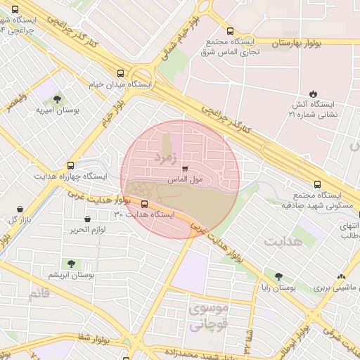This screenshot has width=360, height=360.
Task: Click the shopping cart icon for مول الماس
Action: tap(185, 169)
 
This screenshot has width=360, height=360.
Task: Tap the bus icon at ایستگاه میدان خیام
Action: tap(121, 73)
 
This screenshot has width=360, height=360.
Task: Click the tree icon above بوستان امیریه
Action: tap(57, 99)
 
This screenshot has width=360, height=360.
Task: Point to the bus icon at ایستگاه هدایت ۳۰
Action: tap(145, 205)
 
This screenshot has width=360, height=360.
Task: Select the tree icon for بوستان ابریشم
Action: tap(70, 263)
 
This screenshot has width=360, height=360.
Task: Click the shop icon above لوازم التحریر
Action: tap(87, 219)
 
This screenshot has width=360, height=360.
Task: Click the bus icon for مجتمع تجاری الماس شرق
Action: tap(231, 31)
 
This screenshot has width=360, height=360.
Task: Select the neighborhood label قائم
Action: tap(39, 293)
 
